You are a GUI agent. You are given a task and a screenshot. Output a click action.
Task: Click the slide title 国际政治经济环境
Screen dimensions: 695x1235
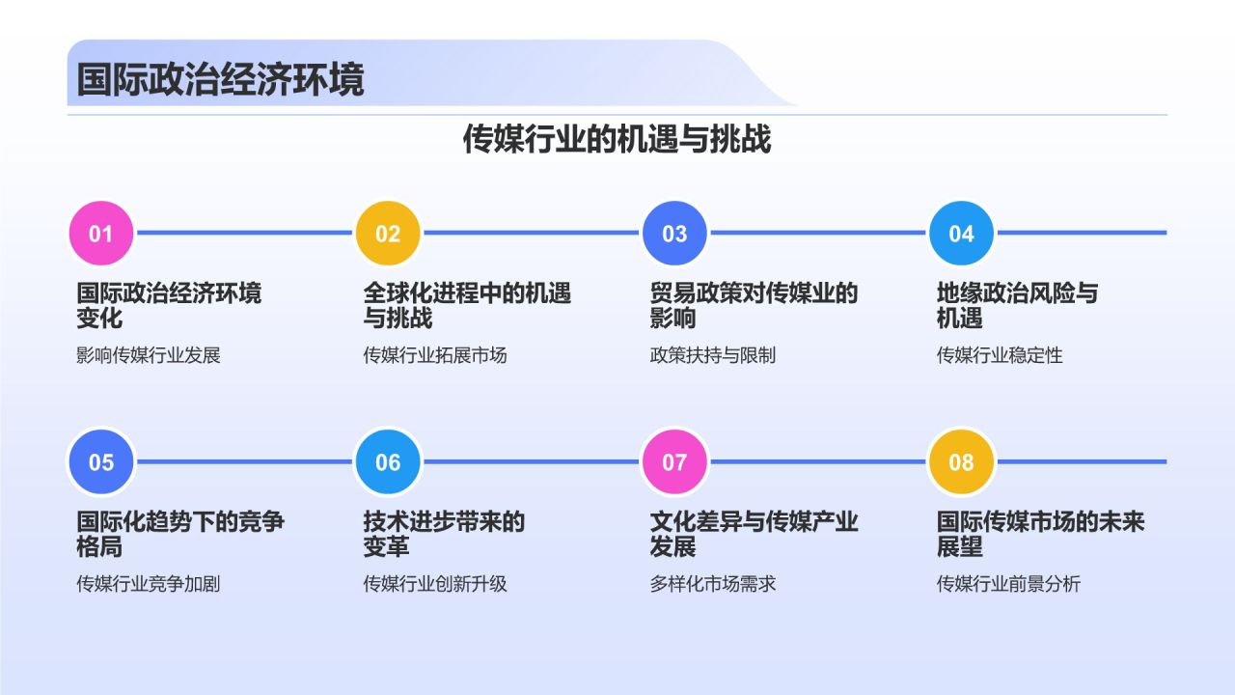point(220,79)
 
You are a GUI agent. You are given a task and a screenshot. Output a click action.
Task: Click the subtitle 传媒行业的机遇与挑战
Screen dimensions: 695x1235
point(617,139)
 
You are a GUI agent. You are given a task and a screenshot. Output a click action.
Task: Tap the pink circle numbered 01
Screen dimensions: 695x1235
point(101,234)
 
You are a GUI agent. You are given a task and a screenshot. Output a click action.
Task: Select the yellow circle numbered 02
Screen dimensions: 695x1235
point(388,234)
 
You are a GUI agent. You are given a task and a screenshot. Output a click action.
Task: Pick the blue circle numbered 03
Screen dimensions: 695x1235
point(674,234)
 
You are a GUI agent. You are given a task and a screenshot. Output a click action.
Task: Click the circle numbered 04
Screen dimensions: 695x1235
point(961,234)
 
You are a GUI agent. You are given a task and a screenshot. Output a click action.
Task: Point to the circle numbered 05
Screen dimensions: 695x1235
point(101,462)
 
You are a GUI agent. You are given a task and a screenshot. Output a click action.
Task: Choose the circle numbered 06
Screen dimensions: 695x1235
point(388,462)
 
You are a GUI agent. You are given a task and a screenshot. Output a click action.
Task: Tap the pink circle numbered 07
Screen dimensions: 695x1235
point(674,462)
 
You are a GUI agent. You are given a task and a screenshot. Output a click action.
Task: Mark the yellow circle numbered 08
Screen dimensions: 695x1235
point(961,462)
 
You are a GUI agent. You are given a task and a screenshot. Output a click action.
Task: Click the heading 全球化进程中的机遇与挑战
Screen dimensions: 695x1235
point(467,305)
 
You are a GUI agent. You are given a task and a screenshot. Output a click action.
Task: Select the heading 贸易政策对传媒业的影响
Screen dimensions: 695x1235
point(754,305)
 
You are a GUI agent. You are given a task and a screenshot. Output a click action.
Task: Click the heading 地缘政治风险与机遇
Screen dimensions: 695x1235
point(1017,305)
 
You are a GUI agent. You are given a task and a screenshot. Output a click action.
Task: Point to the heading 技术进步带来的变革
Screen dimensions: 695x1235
point(444,534)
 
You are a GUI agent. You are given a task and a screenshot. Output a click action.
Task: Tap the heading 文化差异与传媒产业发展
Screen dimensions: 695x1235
point(754,534)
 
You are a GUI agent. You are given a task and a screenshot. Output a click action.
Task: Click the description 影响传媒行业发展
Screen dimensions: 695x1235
point(149,355)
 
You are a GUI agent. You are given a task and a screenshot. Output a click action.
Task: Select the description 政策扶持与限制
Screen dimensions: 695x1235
point(712,355)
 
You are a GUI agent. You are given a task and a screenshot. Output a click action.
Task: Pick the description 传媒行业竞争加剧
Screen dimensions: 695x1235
point(149,584)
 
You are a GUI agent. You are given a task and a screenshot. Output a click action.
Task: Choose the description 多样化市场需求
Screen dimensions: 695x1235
point(712,584)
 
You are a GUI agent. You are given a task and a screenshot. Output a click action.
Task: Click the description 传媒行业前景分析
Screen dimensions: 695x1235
point(1008,584)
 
